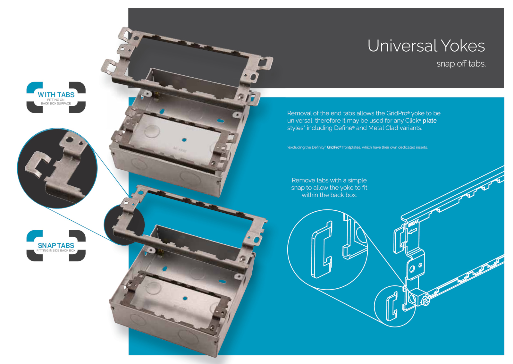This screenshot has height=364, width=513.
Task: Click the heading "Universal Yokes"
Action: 426,46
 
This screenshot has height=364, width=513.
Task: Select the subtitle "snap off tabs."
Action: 461,64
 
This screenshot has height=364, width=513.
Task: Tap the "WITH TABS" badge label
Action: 56,95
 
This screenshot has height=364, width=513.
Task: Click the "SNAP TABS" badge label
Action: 56,245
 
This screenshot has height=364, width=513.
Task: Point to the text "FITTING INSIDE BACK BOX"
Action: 56,250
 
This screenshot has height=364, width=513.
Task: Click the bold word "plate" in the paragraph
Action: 430,121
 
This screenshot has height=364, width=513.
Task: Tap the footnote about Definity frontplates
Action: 357,147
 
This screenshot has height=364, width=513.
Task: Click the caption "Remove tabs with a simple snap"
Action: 329,184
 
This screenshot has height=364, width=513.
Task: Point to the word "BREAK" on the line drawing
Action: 414,223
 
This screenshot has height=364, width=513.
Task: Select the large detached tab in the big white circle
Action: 321,250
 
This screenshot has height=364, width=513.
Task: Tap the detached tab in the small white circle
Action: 391,306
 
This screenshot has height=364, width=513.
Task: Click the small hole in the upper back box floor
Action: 184,140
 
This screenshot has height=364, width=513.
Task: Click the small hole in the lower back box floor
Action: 185,298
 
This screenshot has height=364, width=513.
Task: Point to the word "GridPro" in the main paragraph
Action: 397,113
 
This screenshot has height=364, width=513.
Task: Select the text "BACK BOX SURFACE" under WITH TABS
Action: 56,104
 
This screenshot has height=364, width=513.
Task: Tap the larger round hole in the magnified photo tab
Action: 69,139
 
